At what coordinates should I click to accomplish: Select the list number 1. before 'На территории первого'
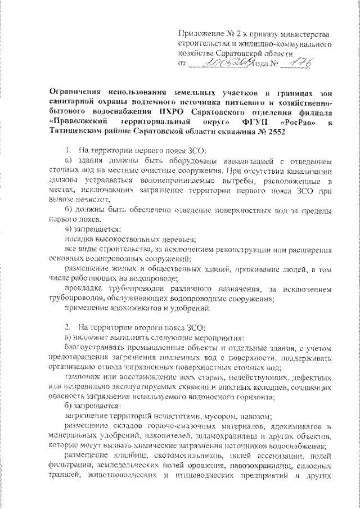click(69, 151)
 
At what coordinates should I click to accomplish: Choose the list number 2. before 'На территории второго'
click(69, 326)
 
